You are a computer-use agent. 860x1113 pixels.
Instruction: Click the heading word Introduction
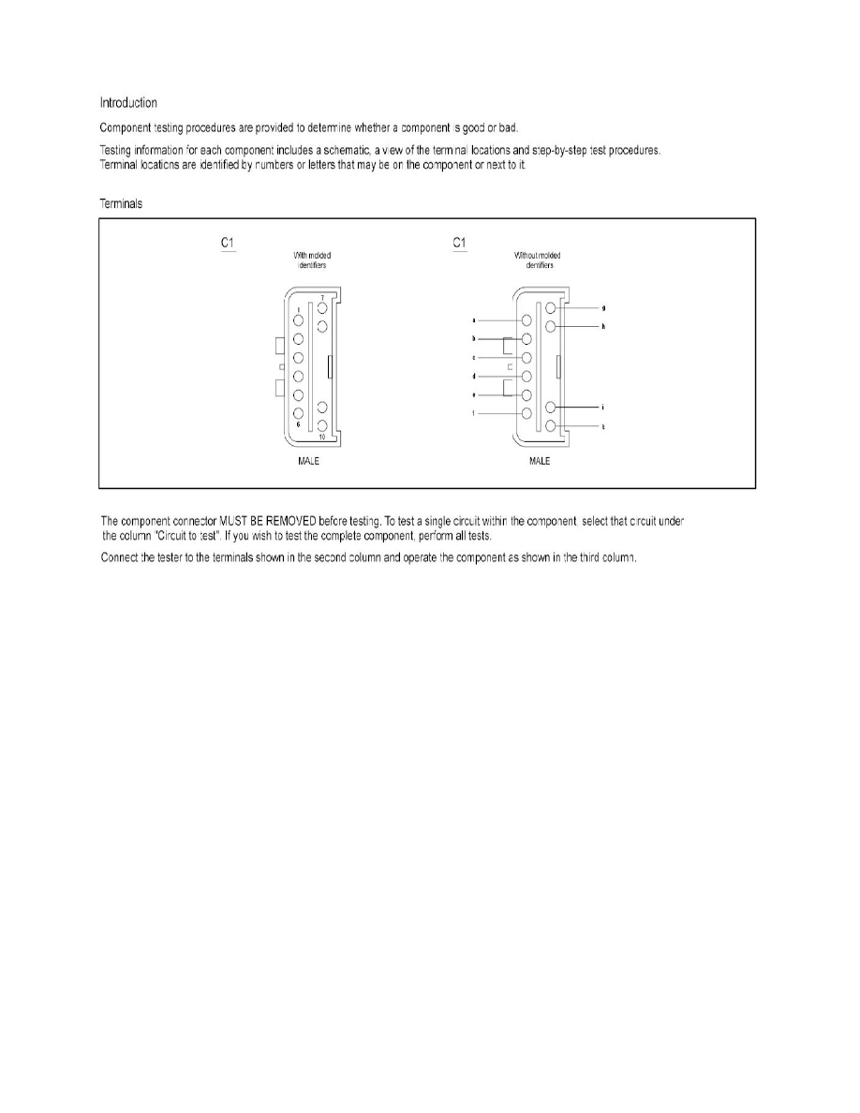point(128,102)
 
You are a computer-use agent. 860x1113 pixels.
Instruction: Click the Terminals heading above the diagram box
point(122,203)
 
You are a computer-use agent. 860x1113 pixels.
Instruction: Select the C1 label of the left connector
point(227,243)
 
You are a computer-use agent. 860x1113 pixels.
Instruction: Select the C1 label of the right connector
point(459,243)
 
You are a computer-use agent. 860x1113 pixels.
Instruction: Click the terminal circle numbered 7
point(321,307)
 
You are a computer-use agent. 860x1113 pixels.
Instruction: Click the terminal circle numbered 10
point(321,426)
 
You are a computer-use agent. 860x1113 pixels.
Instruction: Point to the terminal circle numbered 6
point(299,413)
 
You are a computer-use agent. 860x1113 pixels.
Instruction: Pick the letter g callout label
point(602,307)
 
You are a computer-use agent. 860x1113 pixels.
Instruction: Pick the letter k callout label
point(602,426)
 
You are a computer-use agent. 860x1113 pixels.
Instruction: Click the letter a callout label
point(475,320)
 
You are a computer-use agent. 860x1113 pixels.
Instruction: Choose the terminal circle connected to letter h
point(551,326)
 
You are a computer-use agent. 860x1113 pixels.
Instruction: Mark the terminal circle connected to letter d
point(526,376)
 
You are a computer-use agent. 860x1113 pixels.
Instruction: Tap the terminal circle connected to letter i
point(551,408)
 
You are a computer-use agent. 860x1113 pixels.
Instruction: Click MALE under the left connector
point(308,462)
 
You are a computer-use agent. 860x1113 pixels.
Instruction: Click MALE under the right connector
point(540,462)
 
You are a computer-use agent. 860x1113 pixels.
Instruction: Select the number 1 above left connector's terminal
point(299,310)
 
